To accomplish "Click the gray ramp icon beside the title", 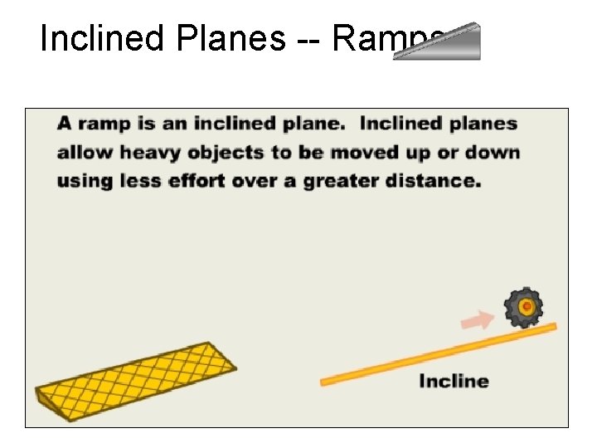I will coord(438,42).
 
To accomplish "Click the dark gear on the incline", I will coord(524,308).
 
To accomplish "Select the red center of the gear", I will coord(525,307).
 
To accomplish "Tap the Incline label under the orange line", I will coord(454,382).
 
